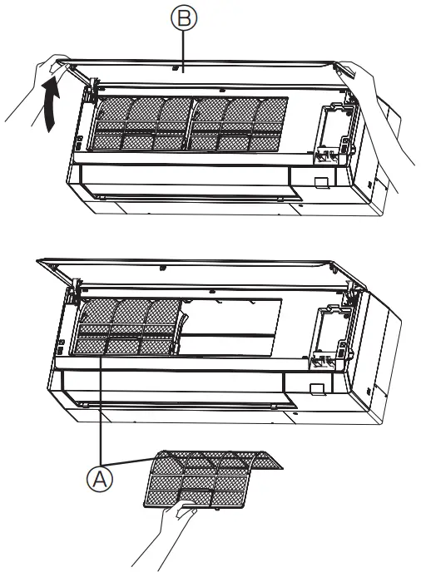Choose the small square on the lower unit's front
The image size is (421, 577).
tap(316, 389)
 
